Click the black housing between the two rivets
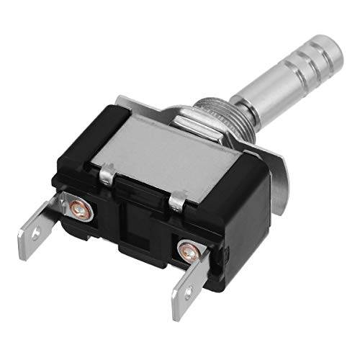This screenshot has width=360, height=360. coord(130,230)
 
